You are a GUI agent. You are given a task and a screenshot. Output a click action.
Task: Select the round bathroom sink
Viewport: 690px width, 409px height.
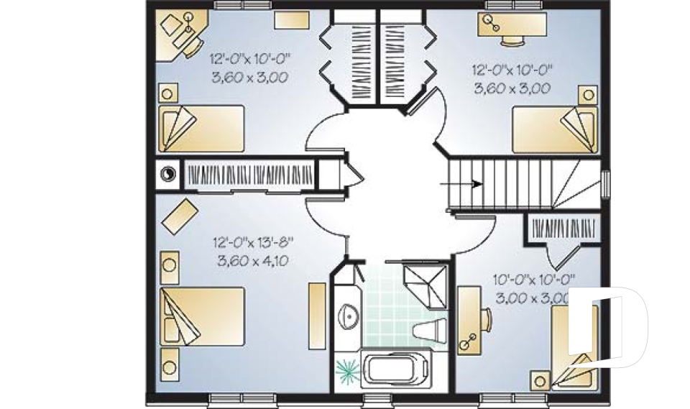coord(348,315)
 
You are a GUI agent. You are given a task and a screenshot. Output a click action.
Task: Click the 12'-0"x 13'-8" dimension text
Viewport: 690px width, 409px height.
coord(253,243)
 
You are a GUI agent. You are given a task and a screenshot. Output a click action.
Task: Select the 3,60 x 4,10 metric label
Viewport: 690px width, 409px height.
coord(252,261)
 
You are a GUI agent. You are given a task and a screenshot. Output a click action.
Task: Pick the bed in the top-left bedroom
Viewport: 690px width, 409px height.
coord(201,129)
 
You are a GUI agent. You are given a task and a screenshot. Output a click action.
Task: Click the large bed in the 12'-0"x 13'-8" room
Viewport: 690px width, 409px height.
coord(202,316)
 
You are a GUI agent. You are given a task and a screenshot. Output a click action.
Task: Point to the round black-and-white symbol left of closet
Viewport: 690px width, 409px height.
coord(167,173)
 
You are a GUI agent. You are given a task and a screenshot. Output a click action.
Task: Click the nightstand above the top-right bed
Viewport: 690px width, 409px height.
coord(589,94)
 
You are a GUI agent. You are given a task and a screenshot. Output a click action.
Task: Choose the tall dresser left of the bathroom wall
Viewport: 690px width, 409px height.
coord(317,316)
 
